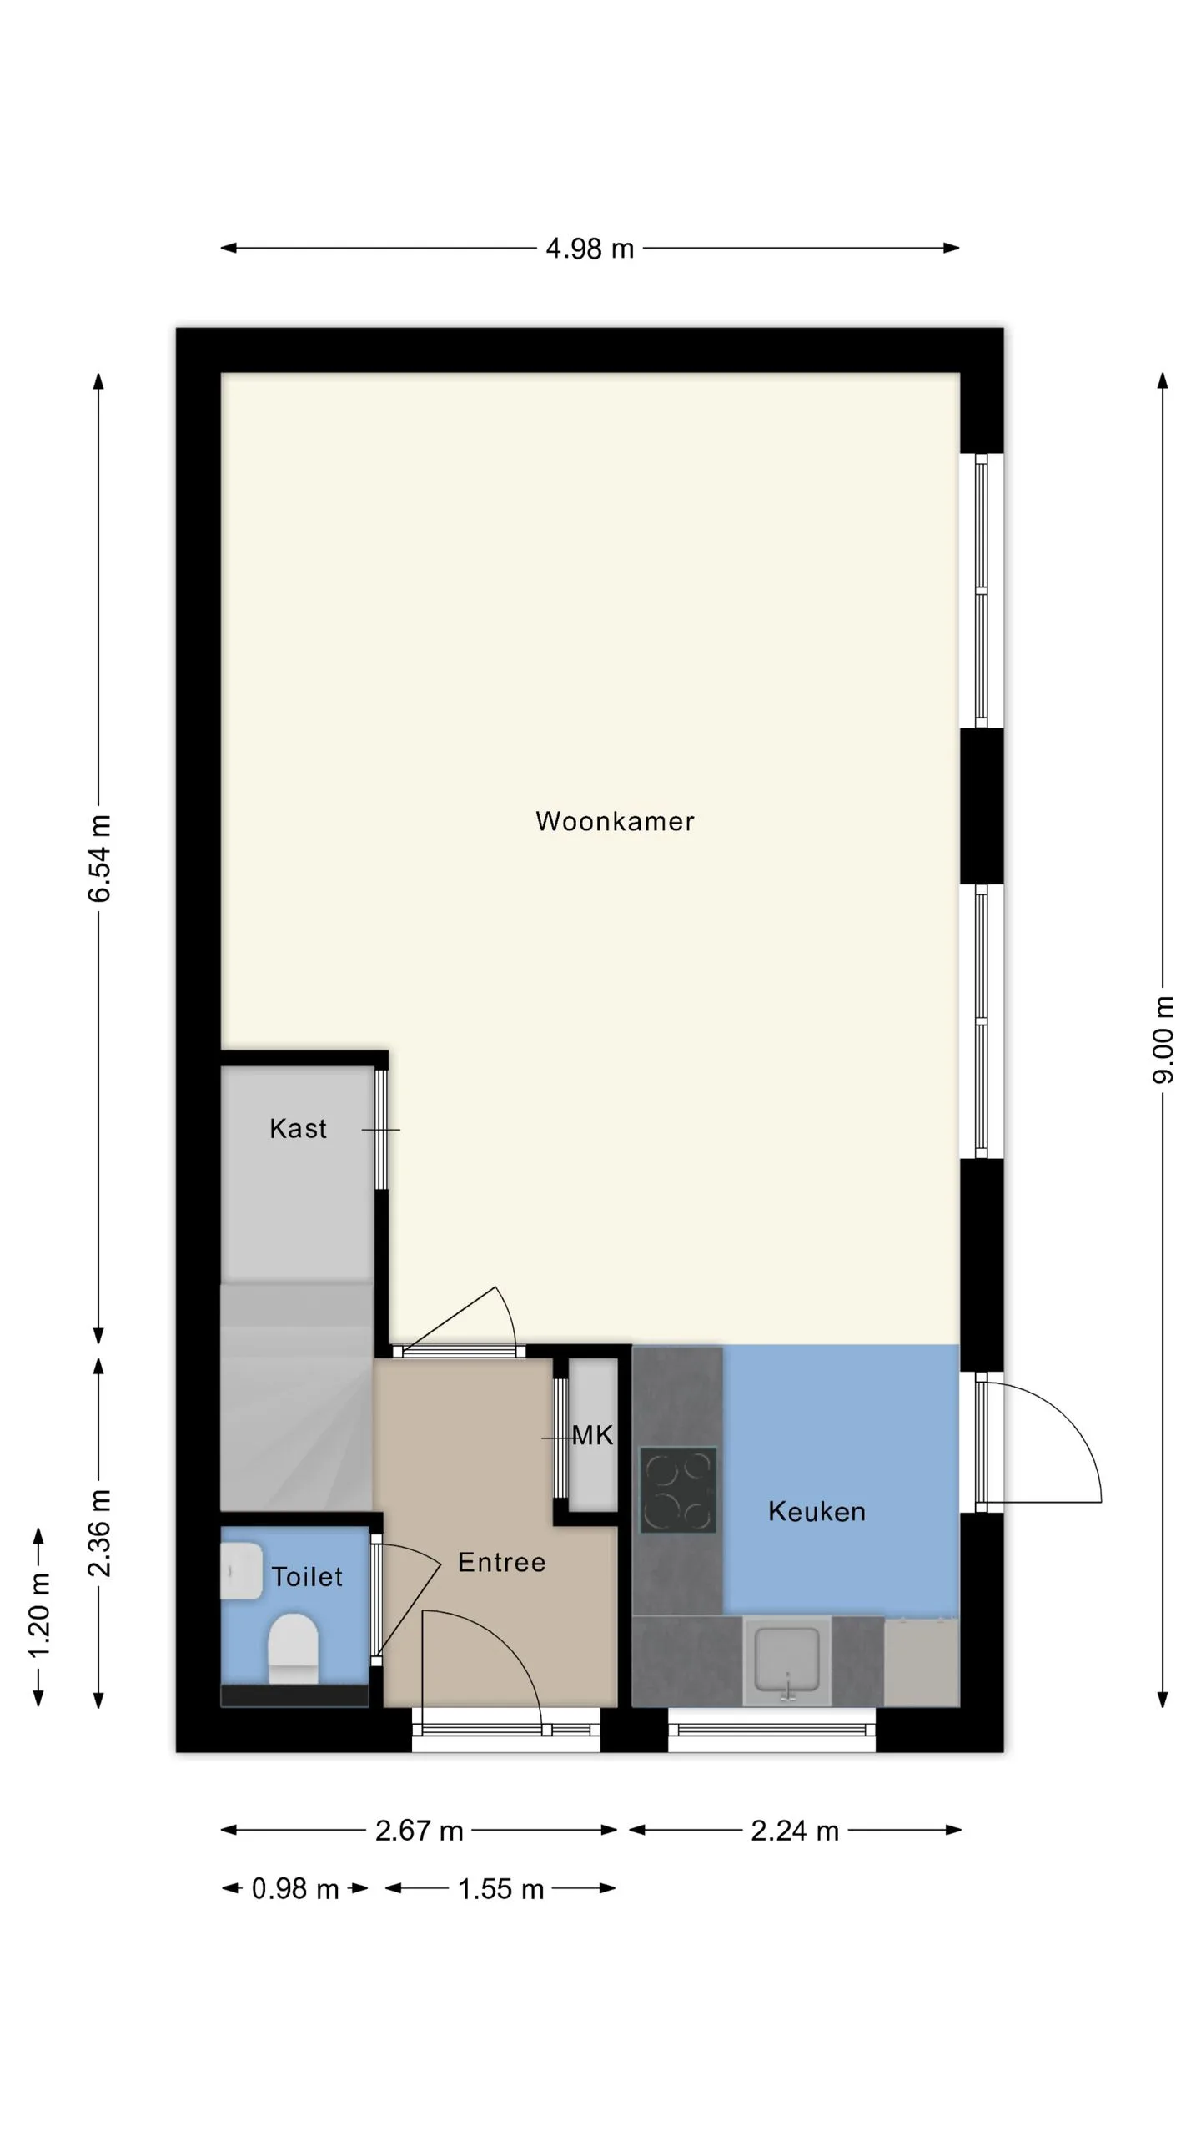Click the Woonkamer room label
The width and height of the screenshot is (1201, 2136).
click(615, 821)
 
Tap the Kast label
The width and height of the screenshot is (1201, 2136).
click(298, 1128)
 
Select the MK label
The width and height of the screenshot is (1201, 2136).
click(593, 1435)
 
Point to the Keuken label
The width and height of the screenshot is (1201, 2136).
click(817, 1511)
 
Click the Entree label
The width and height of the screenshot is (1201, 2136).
click(502, 1562)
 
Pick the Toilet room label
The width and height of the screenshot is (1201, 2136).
click(307, 1576)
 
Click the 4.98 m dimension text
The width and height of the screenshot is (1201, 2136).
click(590, 249)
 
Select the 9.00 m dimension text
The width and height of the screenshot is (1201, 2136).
click(1163, 1040)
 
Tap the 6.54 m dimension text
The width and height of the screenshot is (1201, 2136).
click(99, 859)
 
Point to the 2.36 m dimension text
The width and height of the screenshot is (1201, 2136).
click(99, 1533)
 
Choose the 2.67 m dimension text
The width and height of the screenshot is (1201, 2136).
click(419, 1831)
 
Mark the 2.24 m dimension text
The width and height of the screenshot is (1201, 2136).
click(795, 1831)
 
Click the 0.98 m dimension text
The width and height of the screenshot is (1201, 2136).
click(295, 1888)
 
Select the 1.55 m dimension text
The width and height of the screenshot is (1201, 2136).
click(501, 1888)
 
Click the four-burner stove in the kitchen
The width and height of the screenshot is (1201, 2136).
click(678, 1490)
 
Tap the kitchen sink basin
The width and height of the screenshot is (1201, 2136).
click(786, 1662)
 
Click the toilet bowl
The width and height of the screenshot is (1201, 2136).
click(293, 1649)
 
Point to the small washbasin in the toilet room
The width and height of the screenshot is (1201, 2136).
click(241, 1571)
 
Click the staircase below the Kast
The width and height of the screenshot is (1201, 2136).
click(296, 1397)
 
